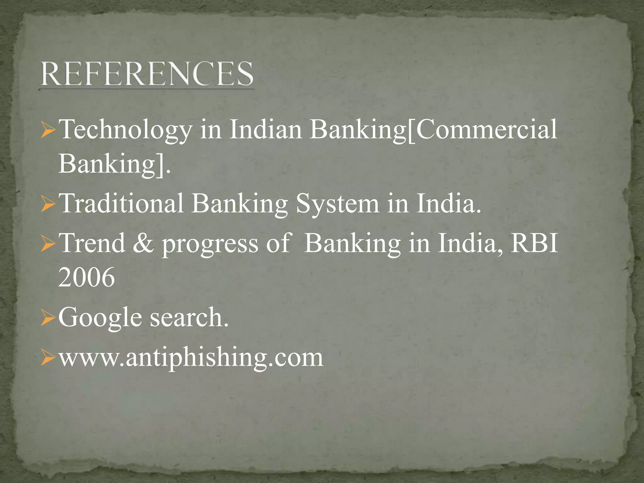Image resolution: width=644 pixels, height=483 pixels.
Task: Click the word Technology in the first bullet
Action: [125, 130]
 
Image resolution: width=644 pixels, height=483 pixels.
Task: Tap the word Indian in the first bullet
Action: [265, 130]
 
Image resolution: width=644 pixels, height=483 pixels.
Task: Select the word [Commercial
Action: [482, 130]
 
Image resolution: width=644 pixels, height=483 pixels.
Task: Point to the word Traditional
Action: [121, 203]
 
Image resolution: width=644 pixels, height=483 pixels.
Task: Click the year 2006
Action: [86, 277]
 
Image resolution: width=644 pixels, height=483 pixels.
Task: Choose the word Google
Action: [100, 318]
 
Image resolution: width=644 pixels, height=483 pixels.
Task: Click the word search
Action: [189, 317]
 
